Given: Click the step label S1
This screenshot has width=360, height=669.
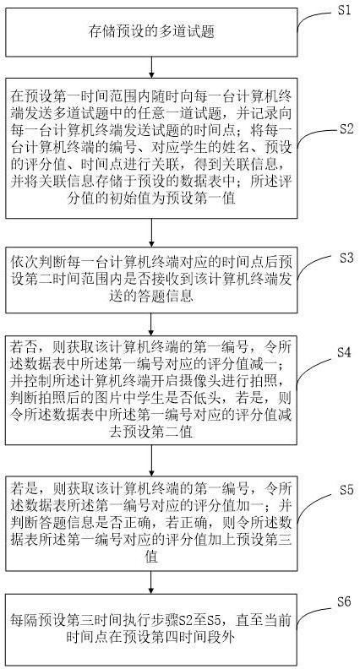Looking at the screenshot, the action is (344, 10).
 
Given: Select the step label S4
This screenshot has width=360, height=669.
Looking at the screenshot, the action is (344, 352).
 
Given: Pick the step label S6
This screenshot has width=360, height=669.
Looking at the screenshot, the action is (344, 602).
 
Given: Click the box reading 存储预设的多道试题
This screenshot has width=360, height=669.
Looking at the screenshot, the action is (151, 32).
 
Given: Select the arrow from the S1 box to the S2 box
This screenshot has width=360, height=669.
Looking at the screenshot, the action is (151, 67).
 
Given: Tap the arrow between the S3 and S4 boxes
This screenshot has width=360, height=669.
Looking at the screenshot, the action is (151, 324).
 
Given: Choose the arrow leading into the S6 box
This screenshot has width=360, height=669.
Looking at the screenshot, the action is (151, 582).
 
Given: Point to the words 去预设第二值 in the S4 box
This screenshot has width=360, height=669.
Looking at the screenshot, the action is (151, 432).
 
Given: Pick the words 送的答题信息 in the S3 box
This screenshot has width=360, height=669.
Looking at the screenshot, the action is (151, 296).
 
